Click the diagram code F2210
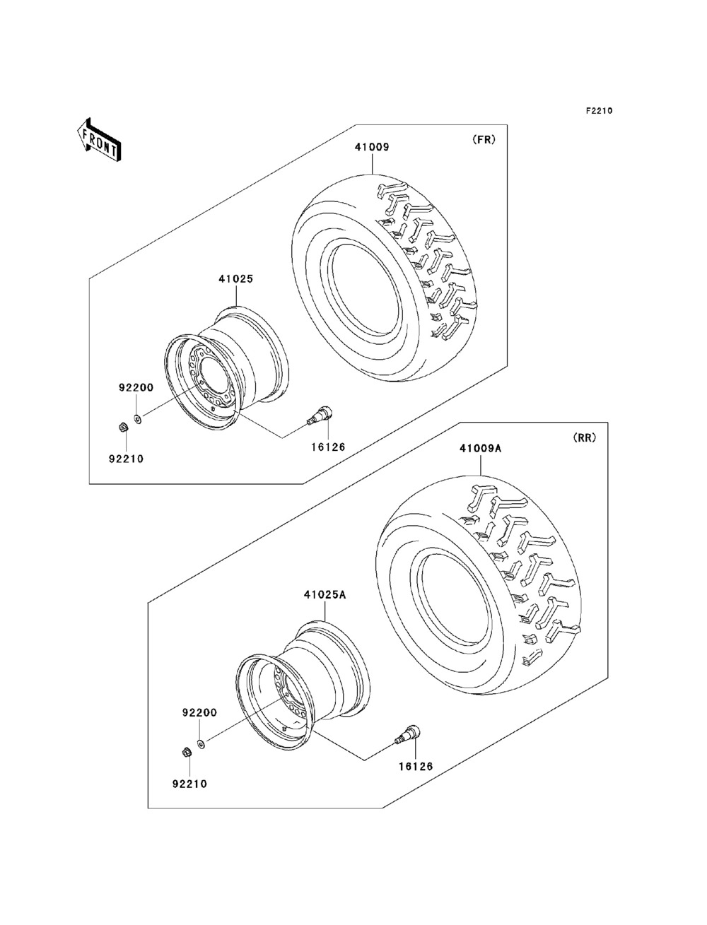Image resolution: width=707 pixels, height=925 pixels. [x=598, y=111]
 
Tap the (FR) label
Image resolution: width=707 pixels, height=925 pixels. [x=484, y=139]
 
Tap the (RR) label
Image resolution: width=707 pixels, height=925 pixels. [x=584, y=437]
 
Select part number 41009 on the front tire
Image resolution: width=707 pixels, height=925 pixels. [x=372, y=147]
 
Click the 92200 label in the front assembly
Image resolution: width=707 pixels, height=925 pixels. [x=136, y=387]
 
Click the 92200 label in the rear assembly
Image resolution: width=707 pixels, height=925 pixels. [x=199, y=713]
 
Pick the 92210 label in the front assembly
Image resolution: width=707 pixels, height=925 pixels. [x=126, y=458]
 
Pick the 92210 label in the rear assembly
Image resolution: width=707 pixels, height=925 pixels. [x=189, y=783]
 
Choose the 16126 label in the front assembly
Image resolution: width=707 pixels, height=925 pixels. [x=328, y=447]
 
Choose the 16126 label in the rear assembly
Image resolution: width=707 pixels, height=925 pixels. [x=415, y=766]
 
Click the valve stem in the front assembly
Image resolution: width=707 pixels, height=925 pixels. [x=322, y=415]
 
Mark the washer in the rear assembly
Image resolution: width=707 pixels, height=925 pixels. [x=201, y=744]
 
